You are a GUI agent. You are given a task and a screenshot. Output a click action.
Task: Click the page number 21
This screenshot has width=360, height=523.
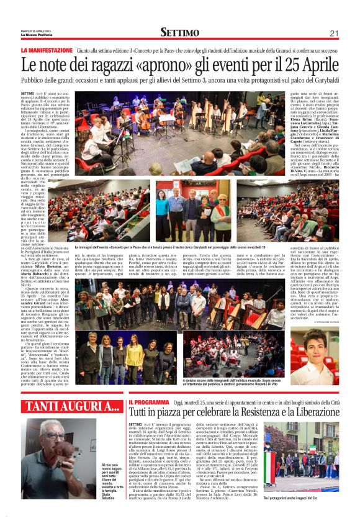333,32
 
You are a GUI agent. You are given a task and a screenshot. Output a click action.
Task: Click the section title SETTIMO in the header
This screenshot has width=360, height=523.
179,32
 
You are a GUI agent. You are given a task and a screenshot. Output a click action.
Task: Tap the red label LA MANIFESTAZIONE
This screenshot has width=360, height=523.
47,50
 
